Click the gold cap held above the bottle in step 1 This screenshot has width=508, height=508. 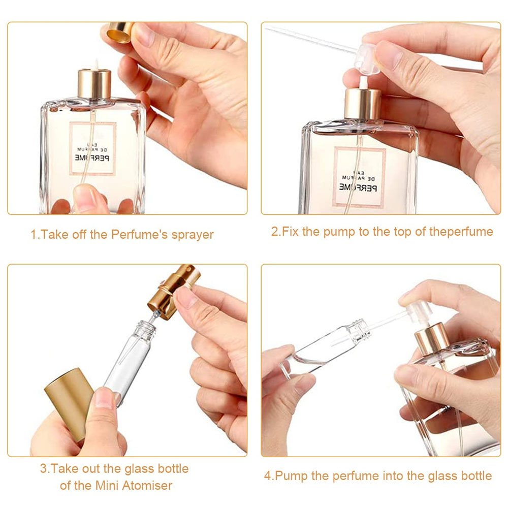click(120, 31)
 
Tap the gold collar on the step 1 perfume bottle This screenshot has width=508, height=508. click(94, 84)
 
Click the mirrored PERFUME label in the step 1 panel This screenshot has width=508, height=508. click(92, 158)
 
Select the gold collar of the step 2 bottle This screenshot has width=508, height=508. click(363, 104)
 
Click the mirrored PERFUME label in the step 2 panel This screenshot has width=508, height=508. click(358, 187)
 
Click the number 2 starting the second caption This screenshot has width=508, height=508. click(275, 232)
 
